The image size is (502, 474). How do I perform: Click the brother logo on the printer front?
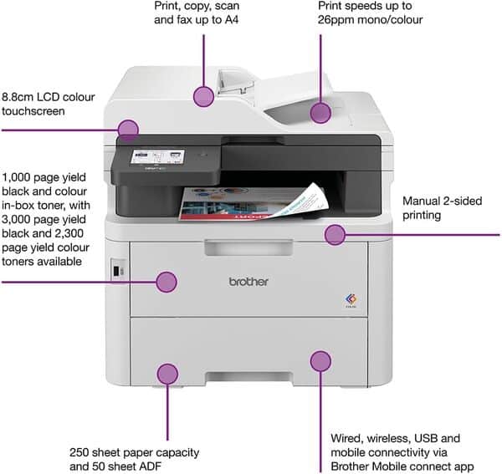(x=248, y=282)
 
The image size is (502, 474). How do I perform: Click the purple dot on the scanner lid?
(x=203, y=96)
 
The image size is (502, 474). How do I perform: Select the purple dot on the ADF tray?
(x=320, y=113)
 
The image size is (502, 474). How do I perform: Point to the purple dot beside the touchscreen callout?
(x=128, y=130)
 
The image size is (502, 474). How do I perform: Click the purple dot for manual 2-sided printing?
(x=335, y=234)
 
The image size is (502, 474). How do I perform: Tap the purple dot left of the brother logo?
(x=166, y=282)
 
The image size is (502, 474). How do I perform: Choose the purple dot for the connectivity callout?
(x=320, y=361)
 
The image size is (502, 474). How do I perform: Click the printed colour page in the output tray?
(x=251, y=201)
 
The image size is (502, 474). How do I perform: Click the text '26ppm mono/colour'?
(x=370, y=19)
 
